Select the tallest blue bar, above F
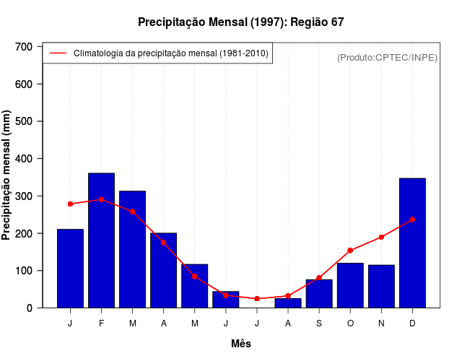101,240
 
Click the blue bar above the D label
412,243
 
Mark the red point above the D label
412,219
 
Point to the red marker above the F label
101,199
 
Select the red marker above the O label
350,251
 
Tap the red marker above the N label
381,237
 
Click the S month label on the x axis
319,323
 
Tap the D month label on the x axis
412,323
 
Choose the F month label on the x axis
101,323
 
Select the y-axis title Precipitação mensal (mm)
7,175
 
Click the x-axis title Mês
240,344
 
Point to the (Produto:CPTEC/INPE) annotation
387,58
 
